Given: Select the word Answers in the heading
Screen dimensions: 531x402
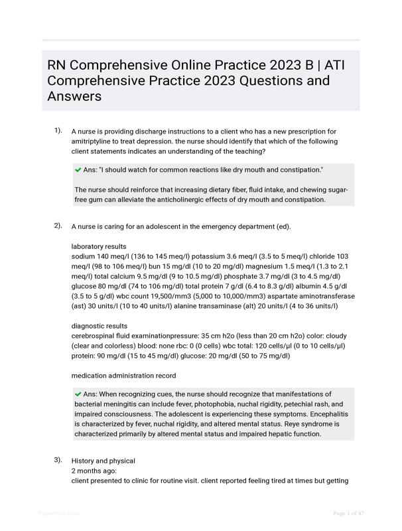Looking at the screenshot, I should [74, 96].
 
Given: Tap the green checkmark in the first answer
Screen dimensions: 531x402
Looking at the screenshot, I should [78, 170].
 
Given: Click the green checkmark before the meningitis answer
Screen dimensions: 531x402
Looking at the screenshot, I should [78, 394].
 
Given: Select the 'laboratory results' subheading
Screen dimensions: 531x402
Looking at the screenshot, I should [99, 246].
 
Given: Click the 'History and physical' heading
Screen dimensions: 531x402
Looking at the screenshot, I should [103, 461].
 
